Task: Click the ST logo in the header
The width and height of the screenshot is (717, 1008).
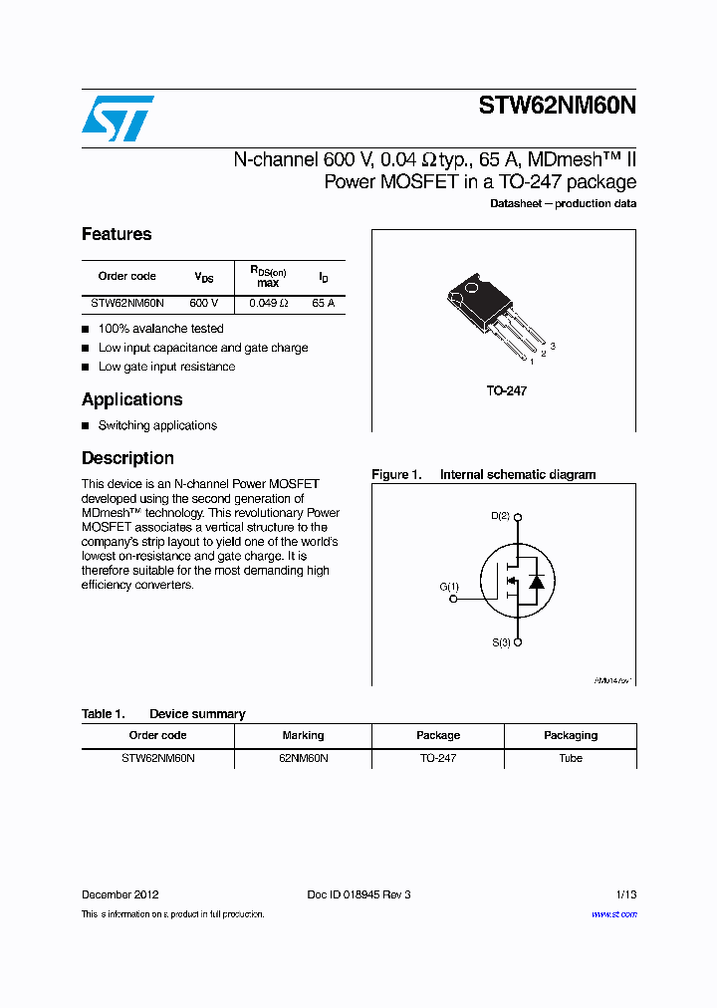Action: (118, 119)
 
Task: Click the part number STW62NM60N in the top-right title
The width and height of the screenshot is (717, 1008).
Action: (557, 108)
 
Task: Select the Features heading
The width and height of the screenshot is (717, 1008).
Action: (117, 235)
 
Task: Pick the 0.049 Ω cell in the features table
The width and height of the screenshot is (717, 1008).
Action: (269, 303)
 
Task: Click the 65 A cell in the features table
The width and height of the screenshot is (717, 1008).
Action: (323, 303)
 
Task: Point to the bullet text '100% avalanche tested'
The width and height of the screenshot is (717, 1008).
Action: (160, 329)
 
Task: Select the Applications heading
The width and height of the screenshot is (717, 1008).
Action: (131, 400)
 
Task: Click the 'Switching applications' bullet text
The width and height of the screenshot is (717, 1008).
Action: (157, 426)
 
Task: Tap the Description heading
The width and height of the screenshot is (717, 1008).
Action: (127, 459)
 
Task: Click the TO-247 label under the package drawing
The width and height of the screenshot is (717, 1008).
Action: (507, 391)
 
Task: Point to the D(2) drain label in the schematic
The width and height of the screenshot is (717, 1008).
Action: (501, 516)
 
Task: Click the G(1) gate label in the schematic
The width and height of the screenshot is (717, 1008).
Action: (449, 587)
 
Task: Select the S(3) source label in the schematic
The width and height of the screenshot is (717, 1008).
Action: (501, 643)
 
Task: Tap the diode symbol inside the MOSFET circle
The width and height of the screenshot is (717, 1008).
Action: (536, 581)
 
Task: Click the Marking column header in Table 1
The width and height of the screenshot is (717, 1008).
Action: (303, 736)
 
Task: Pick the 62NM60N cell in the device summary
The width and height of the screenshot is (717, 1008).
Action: (303, 759)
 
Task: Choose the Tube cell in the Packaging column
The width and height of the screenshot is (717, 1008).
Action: (571, 759)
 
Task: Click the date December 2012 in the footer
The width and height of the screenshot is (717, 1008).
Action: (119, 895)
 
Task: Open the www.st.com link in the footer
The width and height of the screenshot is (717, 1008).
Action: (613, 914)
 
